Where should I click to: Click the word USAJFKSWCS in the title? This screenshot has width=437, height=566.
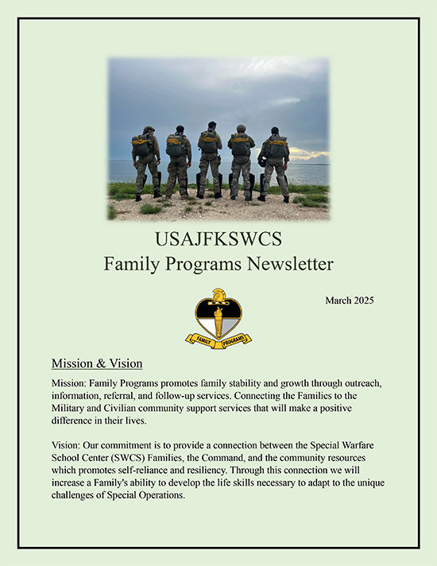(218, 239)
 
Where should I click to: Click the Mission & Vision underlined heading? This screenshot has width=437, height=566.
(97, 364)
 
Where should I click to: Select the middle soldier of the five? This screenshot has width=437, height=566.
(210, 158)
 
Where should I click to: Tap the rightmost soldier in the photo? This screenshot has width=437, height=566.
(275, 162)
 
